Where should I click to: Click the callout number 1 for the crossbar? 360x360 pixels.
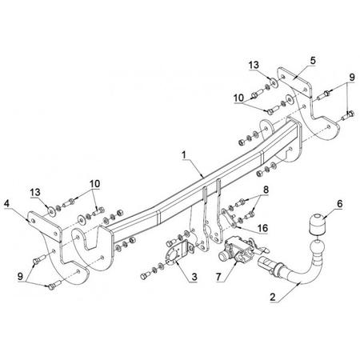tap(183, 154)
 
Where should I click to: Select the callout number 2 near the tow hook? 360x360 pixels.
tap(273, 297)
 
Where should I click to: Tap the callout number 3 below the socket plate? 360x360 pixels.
tap(194, 277)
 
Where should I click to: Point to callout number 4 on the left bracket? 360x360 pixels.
tap(7, 204)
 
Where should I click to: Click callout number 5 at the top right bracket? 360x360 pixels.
tap(313, 61)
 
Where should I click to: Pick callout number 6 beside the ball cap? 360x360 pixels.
tap(339, 204)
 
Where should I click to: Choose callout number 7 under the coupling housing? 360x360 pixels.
tap(218, 277)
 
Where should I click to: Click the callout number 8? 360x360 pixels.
tap(266, 190)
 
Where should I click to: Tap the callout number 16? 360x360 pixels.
tap(263, 228)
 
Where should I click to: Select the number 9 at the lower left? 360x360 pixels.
tap(20, 276)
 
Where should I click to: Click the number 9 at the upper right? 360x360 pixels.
tap(352, 78)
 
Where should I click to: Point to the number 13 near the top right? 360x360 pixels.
tap(254, 65)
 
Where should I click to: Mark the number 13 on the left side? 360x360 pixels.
tap(35, 192)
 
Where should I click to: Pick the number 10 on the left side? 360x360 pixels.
tap(94, 184)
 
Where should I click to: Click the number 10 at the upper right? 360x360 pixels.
tap(239, 98)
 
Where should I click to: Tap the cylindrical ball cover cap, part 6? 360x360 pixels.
tap(318, 222)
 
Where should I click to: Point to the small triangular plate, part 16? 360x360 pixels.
tap(229, 218)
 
